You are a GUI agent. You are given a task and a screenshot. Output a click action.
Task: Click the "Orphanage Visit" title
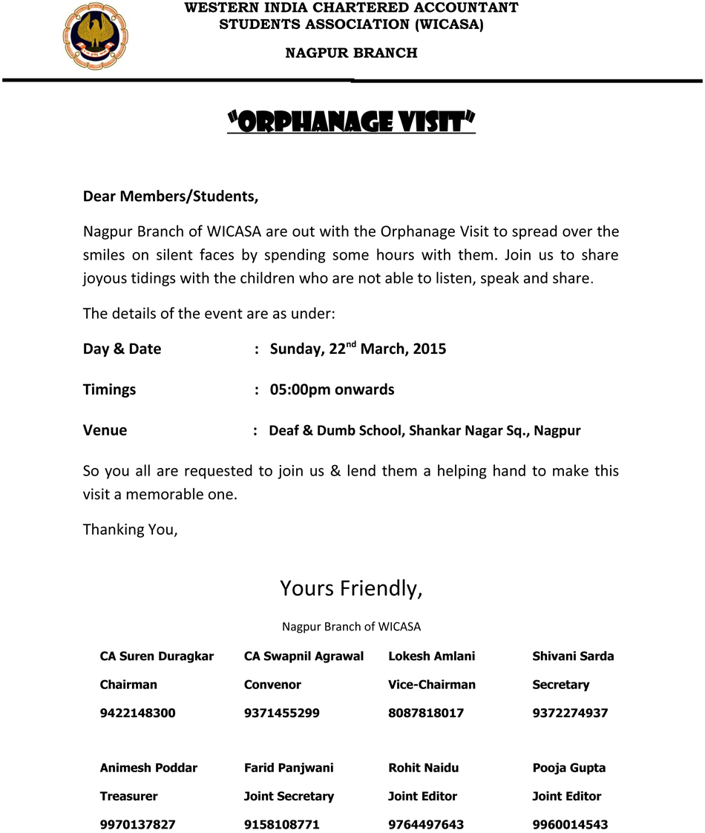(351, 121)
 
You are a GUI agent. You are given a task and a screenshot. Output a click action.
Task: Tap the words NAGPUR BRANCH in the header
(351, 53)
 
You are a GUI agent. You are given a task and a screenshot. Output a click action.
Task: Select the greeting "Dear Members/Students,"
(171, 197)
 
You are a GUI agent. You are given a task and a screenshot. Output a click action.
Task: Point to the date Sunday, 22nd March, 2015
(358, 349)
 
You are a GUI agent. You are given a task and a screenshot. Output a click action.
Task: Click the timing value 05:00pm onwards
(332, 389)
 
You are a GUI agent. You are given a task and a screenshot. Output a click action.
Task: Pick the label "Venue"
(105, 430)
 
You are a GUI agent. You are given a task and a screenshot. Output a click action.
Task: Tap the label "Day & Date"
(122, 349)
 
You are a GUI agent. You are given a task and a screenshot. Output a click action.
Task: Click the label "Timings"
(109, 389)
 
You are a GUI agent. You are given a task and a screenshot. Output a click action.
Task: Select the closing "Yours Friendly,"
(351, 588)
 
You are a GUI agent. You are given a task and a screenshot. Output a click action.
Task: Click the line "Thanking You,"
(130, 530)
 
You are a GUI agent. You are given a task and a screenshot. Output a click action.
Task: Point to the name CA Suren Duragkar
(157, 656)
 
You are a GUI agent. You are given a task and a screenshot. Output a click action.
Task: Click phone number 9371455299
(281, 714)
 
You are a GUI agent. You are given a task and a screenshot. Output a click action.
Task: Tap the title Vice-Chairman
(431, 685)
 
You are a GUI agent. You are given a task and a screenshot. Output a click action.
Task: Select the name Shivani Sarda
(573, 656)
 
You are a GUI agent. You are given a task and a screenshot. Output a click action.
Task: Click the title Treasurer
(128, 797)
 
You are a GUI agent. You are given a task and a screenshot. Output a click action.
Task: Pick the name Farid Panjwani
(289, 768)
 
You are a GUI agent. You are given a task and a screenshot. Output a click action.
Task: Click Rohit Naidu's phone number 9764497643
(425, 825)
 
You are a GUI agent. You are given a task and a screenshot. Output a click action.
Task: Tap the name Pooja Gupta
(568, 768)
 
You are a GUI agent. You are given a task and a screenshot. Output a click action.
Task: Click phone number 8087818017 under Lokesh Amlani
(425, 714)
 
